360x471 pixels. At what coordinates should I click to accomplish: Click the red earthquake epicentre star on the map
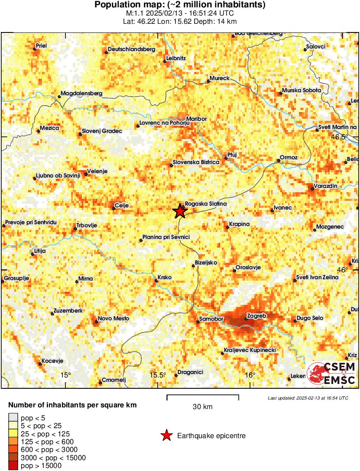click(x=179, y=211)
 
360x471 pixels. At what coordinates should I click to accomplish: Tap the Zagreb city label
click(x=256, y=316)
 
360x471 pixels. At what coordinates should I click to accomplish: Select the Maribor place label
click(x=196, y=119)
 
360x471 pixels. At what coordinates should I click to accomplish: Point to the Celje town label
click(x=121, y=205)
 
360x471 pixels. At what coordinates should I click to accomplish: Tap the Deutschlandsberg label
click(x=131, y=49)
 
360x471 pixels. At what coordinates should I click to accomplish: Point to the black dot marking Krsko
click(x=156, y=281)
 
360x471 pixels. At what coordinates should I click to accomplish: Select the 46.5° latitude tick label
click(x=340, y=137)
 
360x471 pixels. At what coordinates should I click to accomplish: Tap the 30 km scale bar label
click(x=203, y=407)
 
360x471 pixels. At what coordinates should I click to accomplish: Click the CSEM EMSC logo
click(x=331, y=374)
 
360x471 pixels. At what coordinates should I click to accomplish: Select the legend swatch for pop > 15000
click(x=13, y=466)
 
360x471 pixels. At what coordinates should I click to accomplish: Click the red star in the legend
click(x=166, y=436)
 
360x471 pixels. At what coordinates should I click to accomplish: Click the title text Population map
click(x=180, y=5)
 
